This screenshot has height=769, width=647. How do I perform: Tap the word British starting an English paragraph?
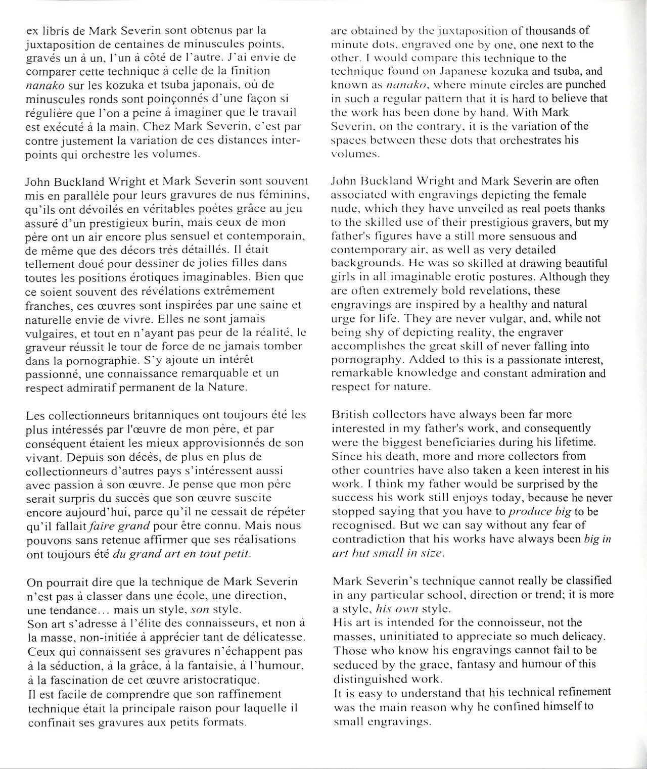click(x=349, y=415)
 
